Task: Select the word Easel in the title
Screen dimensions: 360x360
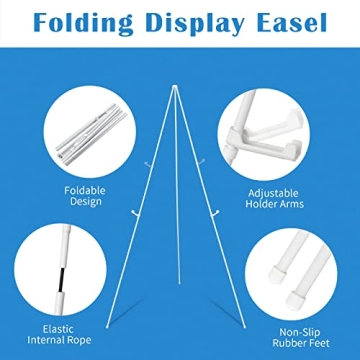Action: (291, 21)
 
